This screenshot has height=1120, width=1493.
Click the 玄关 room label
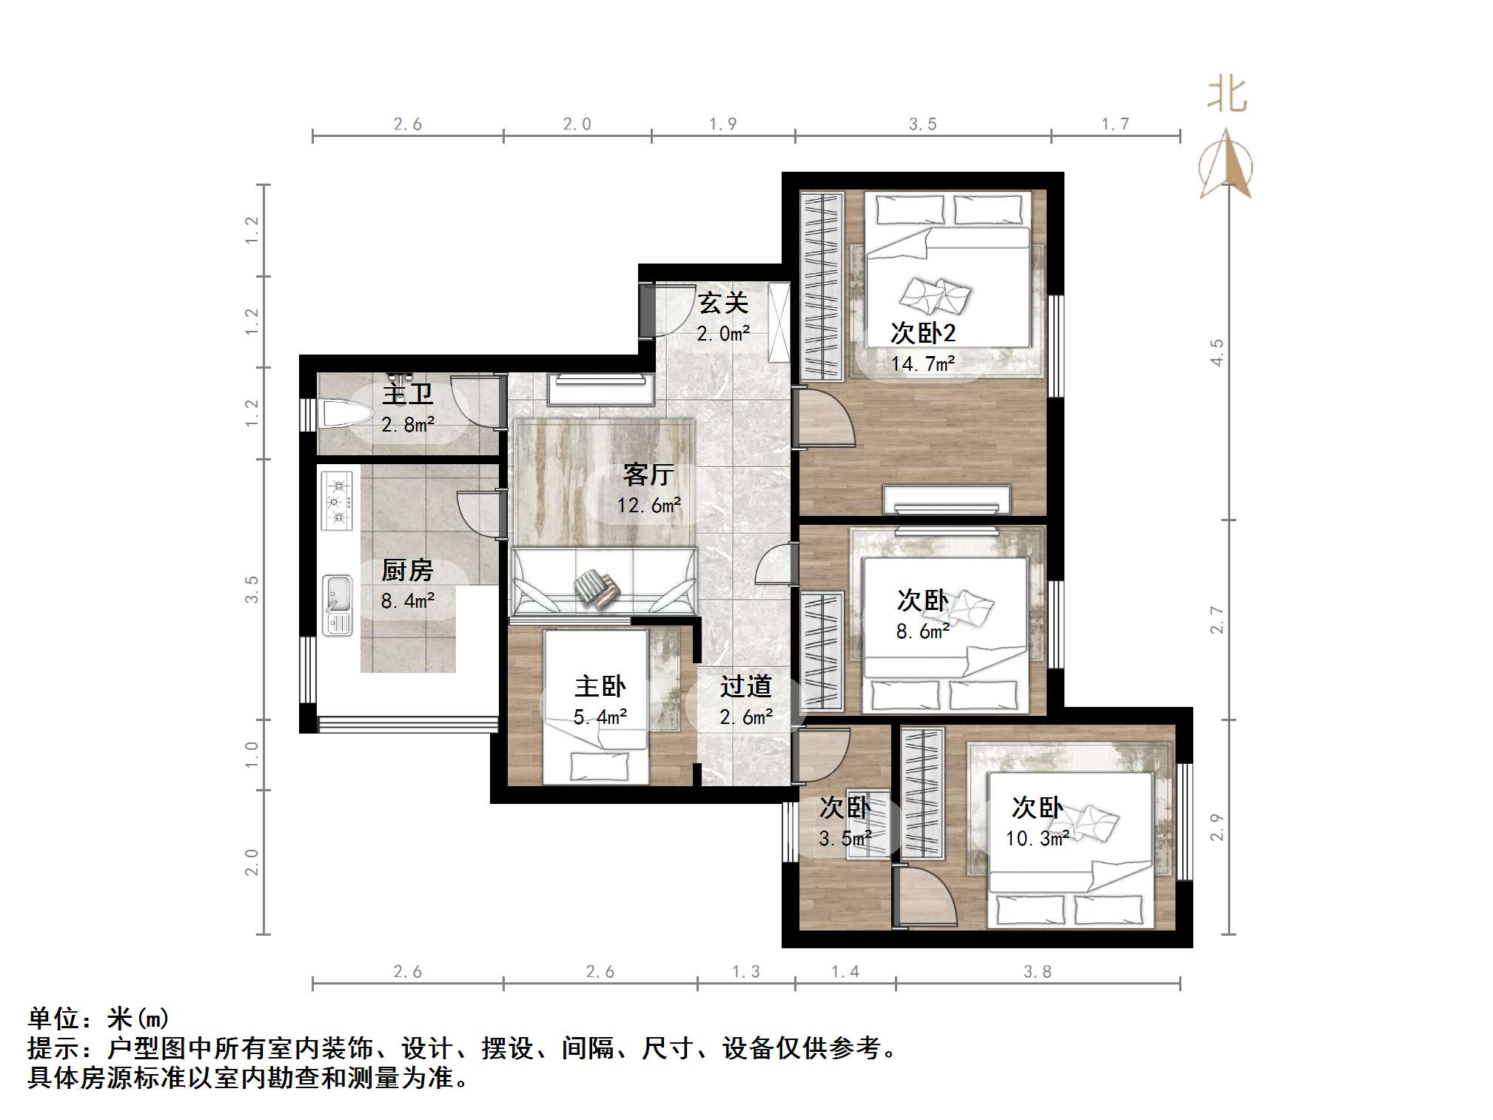(x=723, y=303)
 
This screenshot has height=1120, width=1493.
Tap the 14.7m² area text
(x=922, y=364)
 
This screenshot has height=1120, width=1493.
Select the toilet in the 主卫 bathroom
(x=345, y=414)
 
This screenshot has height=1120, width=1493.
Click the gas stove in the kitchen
(x=338, y=501)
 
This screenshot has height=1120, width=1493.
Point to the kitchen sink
(x=338, y=606)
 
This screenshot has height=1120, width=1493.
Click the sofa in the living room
(x=603, y=582)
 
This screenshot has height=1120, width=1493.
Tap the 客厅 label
(x=648, y=475)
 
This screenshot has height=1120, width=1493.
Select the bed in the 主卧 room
(x=596, y=707)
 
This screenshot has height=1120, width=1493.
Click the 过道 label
(x=745, y=686)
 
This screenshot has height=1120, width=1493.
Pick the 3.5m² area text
(x=845, y=839)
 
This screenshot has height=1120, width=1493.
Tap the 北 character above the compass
(x=1227, y=95)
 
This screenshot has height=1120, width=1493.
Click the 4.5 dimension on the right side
(x=1216, y=352)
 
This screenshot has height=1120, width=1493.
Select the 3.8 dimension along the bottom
(x=1037, y=972)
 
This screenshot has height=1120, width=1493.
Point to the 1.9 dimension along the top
(x=722, y=124)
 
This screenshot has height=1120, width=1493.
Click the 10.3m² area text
(x=1036, y=839)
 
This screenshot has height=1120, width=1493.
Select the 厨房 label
(x=407, y=571)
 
